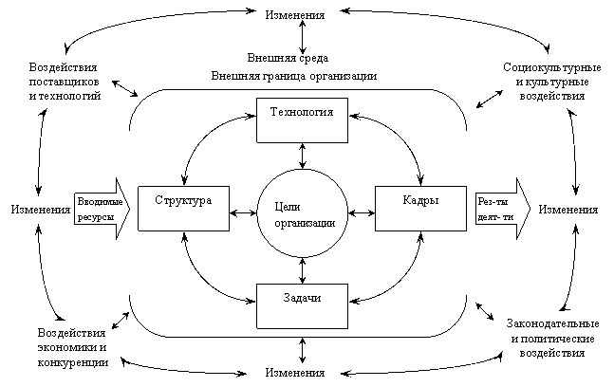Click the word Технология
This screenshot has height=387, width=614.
tap(302, 112)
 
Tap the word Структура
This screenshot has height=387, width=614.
tap(183, 201)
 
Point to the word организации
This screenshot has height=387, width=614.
tap(304, 222)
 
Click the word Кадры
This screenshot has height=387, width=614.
tap(420, 200)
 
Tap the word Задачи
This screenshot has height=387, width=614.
tap(302, 298)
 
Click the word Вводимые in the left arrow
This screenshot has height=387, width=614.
tap(100, 201)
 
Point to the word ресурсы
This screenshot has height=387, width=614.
tap(96, 217)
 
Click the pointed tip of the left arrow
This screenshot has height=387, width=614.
tap(128, 209)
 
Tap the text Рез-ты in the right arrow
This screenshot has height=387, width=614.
tap(493, 201)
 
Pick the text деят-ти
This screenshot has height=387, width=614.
tap(494, 217)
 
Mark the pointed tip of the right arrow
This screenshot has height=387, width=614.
tap(529, 209)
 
